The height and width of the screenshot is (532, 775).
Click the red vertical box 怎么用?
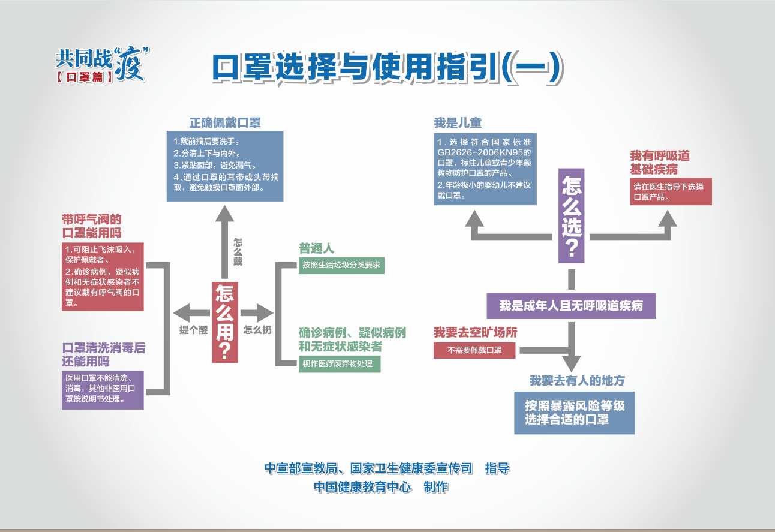click(225, 323)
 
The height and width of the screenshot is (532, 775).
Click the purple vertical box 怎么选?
click(572, 216)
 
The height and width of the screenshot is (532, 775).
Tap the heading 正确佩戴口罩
click(225, 123)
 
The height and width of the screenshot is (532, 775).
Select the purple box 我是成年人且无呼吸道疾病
click(571, 306)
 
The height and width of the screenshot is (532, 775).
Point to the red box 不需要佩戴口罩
click(474, 350)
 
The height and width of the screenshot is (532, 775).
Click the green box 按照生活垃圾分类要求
click(341, 265)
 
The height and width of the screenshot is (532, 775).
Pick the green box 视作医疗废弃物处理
click(340, 364)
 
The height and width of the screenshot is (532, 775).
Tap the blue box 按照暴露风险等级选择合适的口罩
click(574, 413)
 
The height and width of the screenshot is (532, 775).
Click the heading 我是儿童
click(458, 123)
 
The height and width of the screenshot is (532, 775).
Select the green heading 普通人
click(316, 248)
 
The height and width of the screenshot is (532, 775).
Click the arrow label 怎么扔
click(257, 330)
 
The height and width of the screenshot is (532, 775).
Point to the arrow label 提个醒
click(193, 330)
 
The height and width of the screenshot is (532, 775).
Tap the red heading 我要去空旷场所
click(476, 332)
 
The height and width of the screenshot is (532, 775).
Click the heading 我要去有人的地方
click(578, 380)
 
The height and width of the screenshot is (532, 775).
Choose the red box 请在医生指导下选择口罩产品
click(671, 191)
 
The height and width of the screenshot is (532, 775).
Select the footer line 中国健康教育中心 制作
click(381, 487)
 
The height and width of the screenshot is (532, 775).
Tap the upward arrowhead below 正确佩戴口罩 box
click(224, 213)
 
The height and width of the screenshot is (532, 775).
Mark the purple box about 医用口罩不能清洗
click(103, 390)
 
